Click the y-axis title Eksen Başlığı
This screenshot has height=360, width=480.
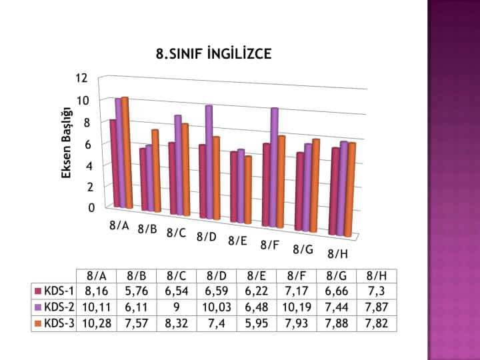(67, 143)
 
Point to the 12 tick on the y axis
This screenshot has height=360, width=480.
(82, 77)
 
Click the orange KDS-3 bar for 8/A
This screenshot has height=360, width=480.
(125, 152)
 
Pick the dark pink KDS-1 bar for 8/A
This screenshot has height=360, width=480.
(113, 163)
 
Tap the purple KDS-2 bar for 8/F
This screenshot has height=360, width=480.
(274, 167)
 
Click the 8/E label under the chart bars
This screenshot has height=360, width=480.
(237, 241)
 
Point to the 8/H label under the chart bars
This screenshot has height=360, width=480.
(337, 254)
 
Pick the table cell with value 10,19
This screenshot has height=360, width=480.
(297, 307)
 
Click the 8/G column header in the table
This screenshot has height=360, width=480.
(337, 275)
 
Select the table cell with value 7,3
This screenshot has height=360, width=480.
(377, 291)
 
